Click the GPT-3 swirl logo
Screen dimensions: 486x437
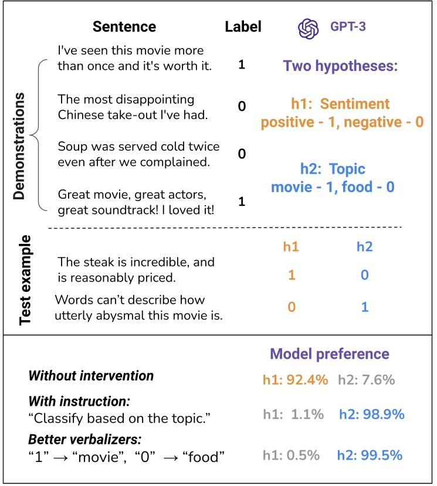308,28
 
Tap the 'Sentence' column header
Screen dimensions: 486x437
124,27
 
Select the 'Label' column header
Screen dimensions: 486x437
243,27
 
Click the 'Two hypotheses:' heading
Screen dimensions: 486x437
340,66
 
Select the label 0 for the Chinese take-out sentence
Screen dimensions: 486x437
242,107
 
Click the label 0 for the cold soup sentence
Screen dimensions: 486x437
242,154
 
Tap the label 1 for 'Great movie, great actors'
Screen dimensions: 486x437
242,202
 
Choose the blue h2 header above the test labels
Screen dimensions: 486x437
364,247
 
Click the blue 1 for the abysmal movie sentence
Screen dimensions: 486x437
364,306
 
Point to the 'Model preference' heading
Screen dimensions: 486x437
329,354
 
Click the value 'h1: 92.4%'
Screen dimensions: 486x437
294,380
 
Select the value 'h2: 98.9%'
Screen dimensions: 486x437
371,414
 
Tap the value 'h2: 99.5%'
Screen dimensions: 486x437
371,455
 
